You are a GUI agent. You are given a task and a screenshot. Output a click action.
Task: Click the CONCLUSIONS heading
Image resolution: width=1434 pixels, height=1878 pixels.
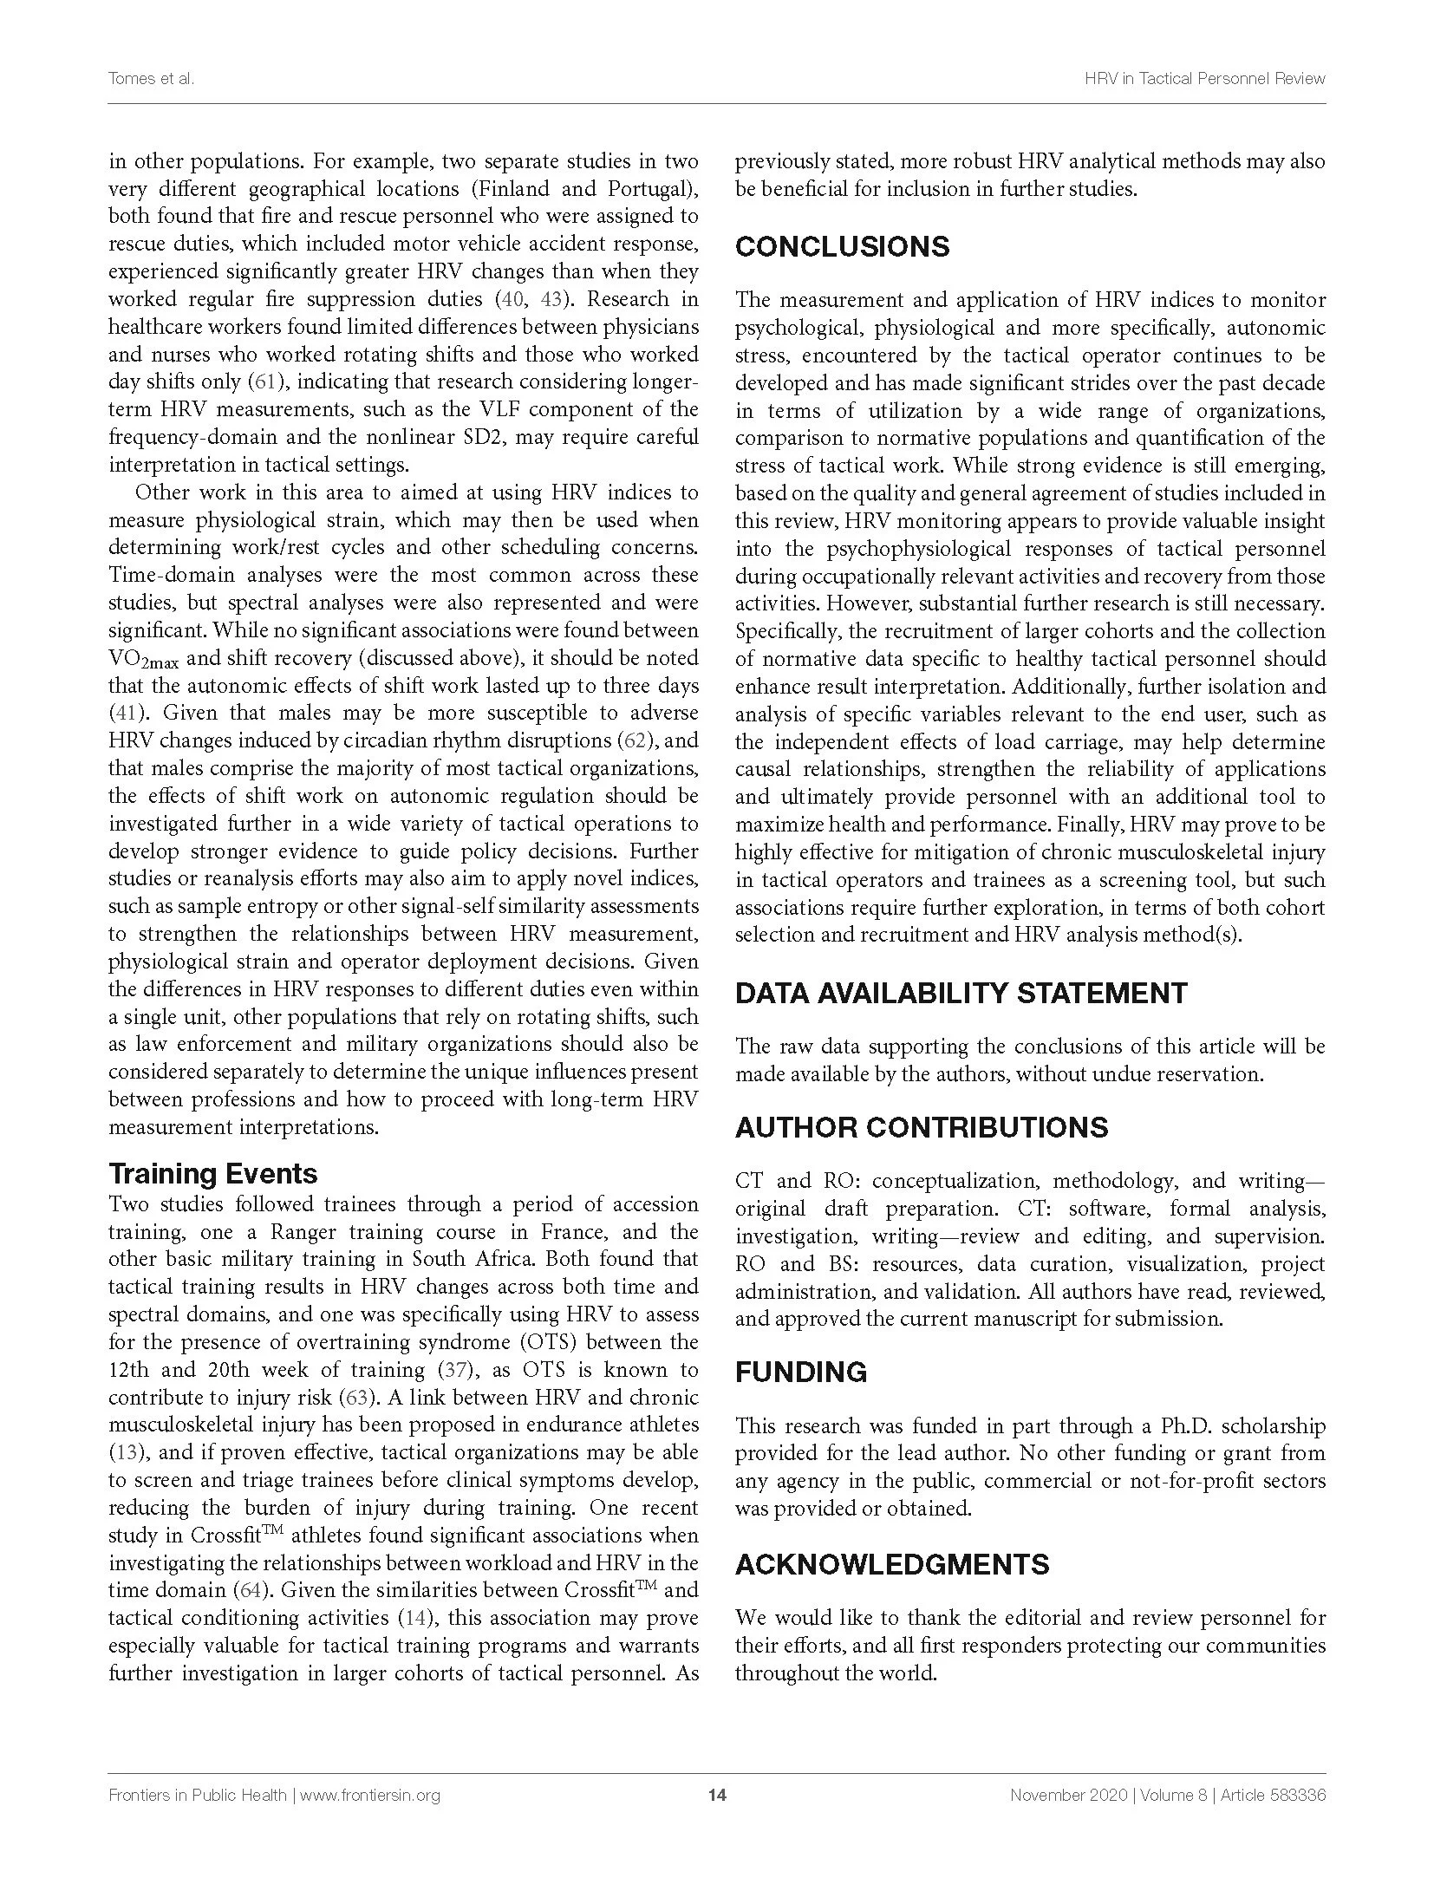[842, 247]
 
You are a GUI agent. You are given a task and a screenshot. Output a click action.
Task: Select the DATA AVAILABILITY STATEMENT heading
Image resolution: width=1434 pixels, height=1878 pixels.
[961, 993]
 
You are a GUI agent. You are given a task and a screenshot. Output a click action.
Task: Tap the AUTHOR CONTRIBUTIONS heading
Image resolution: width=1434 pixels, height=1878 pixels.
[921, 1127]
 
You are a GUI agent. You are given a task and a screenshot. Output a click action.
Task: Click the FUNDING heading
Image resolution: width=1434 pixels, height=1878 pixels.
[800, 1372]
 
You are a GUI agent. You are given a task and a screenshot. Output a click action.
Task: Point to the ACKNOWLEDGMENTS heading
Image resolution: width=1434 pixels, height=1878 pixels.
[892, 1564]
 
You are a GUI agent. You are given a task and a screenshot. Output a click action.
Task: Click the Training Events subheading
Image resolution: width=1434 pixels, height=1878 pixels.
[212, 1174]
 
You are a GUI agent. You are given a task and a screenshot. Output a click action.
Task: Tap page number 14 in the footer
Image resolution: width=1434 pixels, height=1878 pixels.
[717, 1795]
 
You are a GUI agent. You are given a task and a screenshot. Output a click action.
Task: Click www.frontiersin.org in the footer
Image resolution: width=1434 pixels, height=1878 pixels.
[369, 1795]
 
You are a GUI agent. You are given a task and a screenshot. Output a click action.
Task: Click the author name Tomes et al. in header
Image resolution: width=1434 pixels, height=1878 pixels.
[150, 79]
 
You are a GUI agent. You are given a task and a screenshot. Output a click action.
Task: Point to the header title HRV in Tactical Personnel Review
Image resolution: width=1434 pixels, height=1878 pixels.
[1204, 79]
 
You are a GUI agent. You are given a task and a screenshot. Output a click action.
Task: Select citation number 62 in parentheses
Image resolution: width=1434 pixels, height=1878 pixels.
[637, 741]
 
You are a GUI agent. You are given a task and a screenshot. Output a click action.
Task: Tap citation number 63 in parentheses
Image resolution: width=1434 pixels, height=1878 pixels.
[358, 1398]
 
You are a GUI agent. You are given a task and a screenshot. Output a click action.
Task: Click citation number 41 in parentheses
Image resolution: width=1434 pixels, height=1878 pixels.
[127, 714]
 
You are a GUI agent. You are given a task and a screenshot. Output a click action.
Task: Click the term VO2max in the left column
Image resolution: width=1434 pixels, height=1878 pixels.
[143, 660]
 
